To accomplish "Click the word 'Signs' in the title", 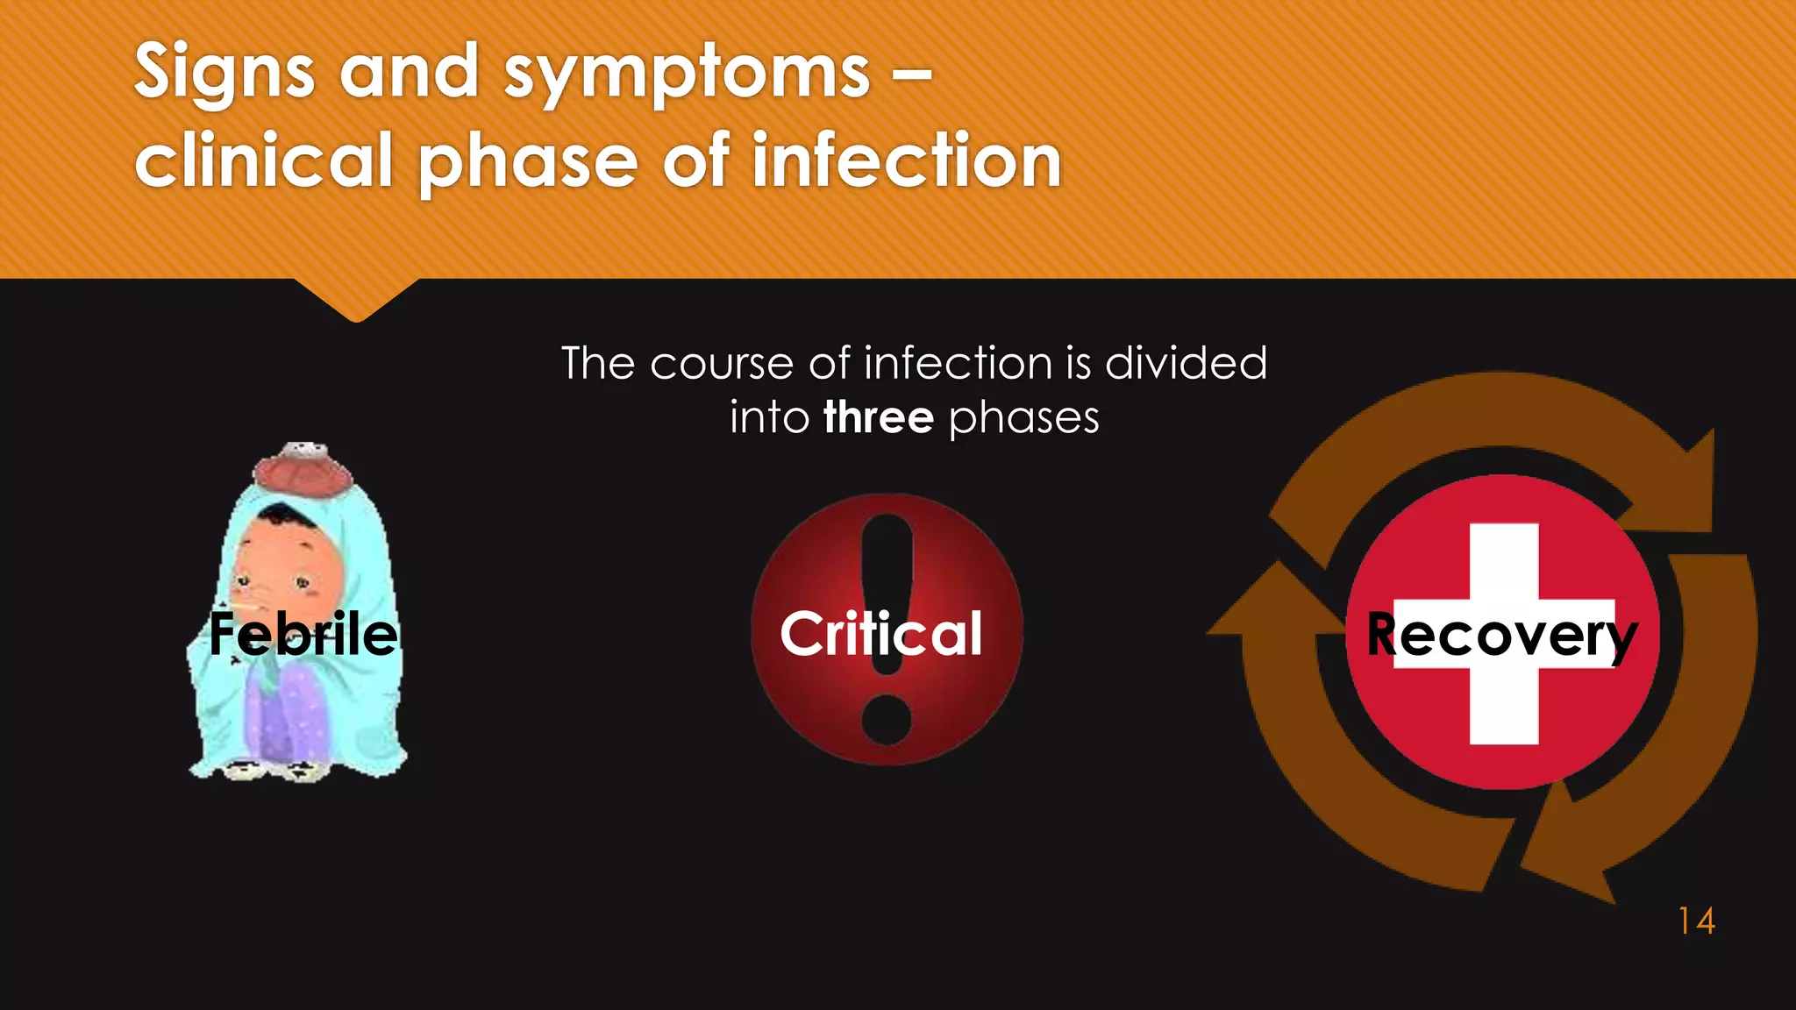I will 224,74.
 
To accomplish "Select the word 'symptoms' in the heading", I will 687,74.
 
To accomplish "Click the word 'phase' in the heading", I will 527,163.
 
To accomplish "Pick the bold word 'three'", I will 879,417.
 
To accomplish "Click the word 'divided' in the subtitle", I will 1186,363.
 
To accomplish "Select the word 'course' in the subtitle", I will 722,364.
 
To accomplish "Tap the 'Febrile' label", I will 303,634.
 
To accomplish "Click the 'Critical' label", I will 880,634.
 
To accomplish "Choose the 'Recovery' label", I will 1501,635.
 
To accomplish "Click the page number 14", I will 1696,921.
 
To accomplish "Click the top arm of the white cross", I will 1504,561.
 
